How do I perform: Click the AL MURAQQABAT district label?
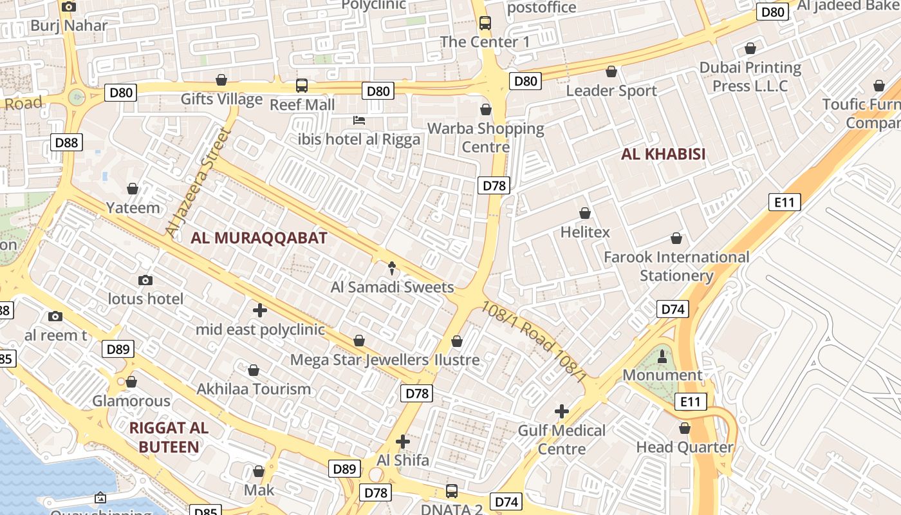(x=259, y=238)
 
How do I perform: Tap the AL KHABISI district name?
(x=663, y=154)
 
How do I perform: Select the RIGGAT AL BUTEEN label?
(x=169, y=437)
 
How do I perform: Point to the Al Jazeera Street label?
(x=198, y=182)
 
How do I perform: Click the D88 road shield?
(x=67, y=142)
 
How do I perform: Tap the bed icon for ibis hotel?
(x=359, y=120)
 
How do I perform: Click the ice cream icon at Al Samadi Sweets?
(x=392, y=268)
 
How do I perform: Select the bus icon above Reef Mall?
(x=301, y=85)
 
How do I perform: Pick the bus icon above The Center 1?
(x=485, y=23)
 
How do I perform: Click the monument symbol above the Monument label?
(x=662, y=356)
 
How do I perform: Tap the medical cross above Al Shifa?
(x=403, y=442)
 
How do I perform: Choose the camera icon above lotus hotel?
(x=145, y=280)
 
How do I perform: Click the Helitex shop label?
(x=585, y=232)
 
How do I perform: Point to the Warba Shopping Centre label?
(x=486, y=137)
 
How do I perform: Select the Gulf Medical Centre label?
(x=562, y=439)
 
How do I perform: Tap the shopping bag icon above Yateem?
(x=133, y=189)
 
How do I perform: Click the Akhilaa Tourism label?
(x=254, y=389)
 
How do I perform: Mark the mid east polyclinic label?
(x=260, y=330)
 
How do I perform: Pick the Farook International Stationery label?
(x=676, y=266)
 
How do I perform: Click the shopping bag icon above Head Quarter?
(x=685, y=428)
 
